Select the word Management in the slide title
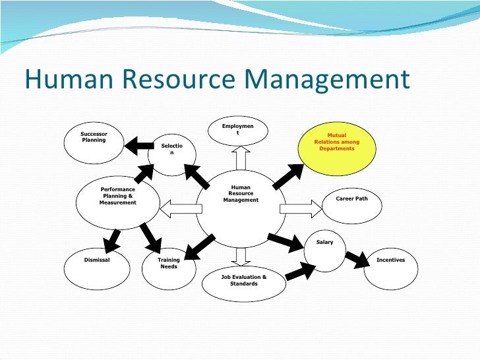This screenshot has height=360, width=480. click(x=326, y=80)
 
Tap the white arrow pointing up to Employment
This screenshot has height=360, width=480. click(x=240, y=158)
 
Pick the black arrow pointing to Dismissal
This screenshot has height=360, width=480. click(x=112, y=238)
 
